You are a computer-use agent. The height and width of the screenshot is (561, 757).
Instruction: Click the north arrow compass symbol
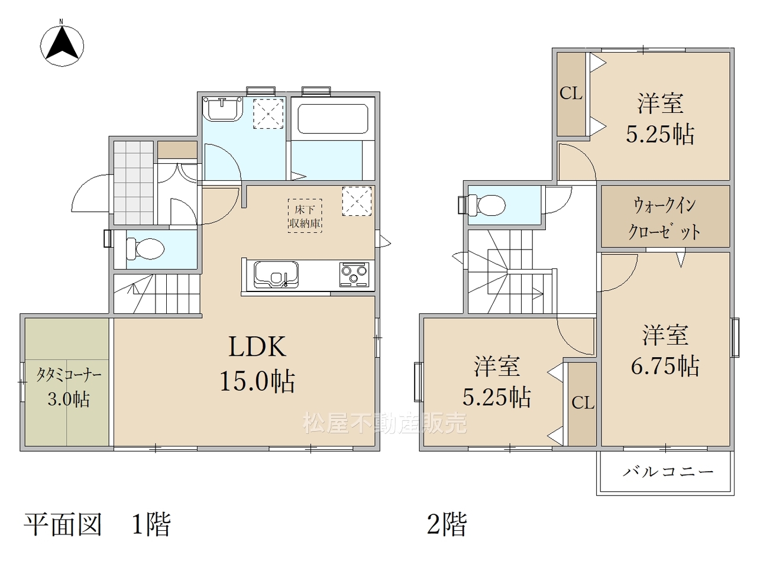[x=62, y=45]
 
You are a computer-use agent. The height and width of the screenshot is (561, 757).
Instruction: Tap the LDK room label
[x=257, y=346]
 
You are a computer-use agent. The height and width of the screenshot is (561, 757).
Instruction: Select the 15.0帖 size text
[x=257, y=381]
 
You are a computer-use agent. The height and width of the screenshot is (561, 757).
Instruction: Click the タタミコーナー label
[x=69, y=375]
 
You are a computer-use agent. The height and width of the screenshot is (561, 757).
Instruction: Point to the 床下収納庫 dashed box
[x=305, y=216]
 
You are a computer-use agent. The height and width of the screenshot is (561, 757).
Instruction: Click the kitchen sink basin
[x=276, y=274]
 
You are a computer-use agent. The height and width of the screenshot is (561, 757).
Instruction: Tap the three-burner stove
[x=354, y=274]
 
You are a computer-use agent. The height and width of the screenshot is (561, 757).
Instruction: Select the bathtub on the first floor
[x=333, y=119]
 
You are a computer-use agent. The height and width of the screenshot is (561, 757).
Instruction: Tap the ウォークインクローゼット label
[x=664, y=219]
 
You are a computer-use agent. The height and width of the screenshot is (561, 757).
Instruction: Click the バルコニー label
[x=668, y=472]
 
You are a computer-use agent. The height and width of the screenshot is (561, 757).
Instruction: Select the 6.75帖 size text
[x=665, y=366]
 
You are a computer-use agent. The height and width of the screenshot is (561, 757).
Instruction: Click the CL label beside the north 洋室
[x=571, y=93]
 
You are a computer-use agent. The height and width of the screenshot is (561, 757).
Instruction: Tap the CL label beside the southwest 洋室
[x=583, y=403]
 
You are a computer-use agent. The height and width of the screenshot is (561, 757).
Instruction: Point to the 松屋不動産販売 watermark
[x=384, y=423]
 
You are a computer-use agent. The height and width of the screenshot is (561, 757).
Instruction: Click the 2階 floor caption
[x=447, y=524]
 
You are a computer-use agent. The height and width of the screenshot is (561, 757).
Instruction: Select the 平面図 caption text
[x=63, y=524]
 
